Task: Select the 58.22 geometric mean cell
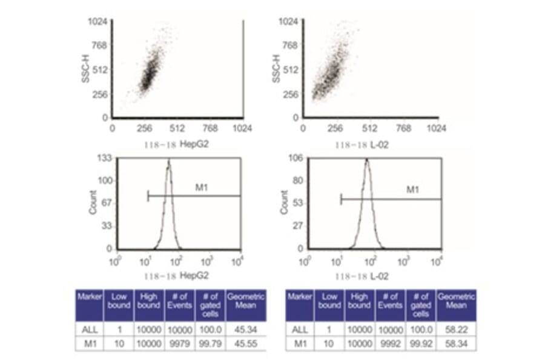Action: click(455, 329)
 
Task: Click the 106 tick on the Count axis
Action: click(297, 159)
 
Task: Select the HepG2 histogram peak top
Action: click(169, 160)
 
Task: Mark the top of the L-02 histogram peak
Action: click(366, 160)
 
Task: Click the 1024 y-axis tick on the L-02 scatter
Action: click(286, 22)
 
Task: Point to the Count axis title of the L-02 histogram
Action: click(284, 202)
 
